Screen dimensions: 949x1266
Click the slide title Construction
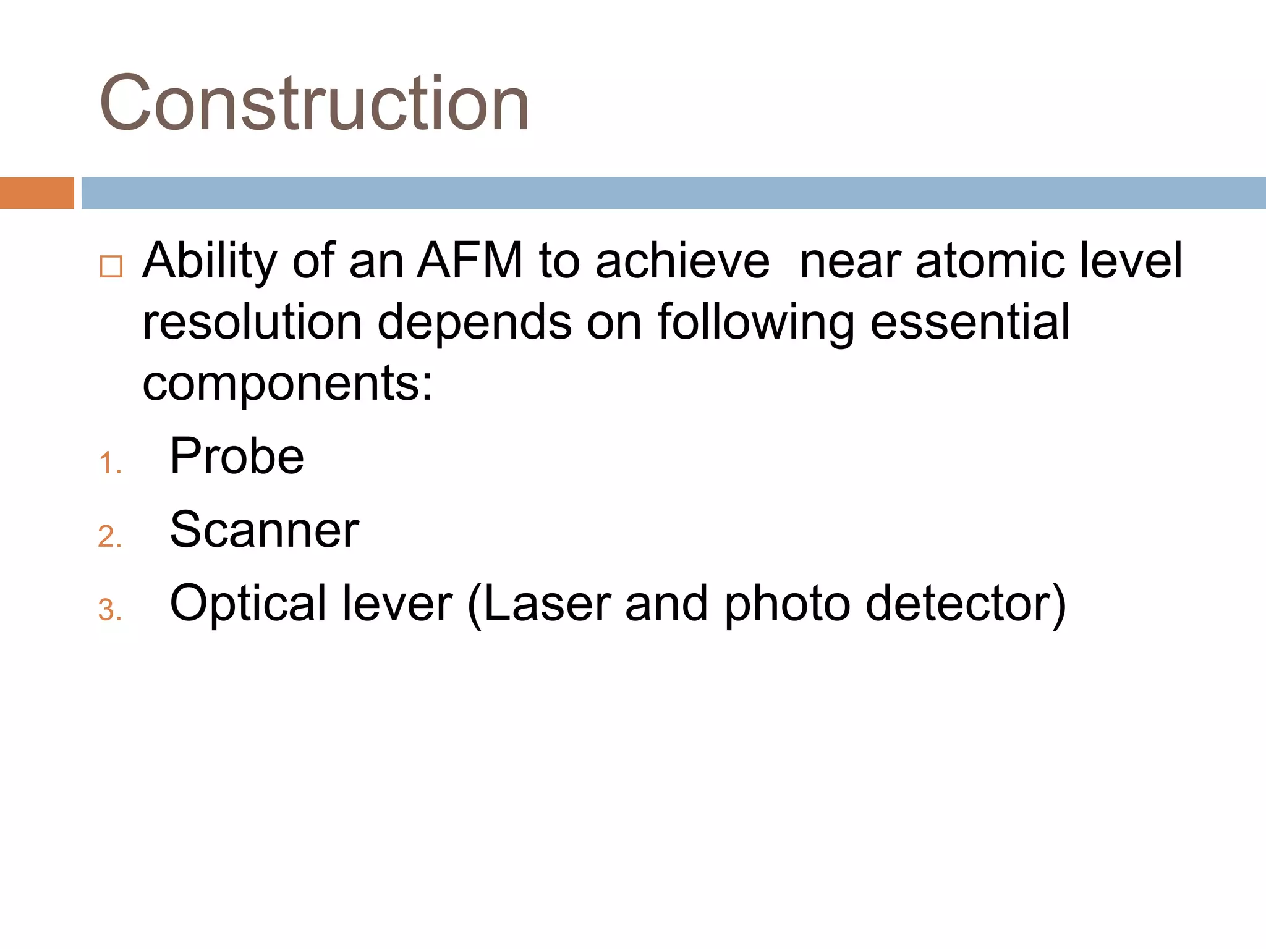click(x=314, y=103)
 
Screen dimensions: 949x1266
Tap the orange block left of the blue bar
click(x=36, y=193)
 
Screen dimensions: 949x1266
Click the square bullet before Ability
click(x=111, y=266)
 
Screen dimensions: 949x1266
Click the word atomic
click(x=990, y=261)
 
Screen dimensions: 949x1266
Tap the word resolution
click(x=252, y=322)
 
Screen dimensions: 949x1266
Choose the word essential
click(x=969, y=322)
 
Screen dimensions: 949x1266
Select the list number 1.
click(x=109, y=463)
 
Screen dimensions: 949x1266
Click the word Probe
click(x=237, y=456)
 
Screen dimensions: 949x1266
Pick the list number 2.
click(x=109, y=537)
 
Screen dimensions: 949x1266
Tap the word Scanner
click(x=264, y=529)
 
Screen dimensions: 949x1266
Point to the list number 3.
click(x=109, y=610)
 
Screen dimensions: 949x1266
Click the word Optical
click(x=249, y=604)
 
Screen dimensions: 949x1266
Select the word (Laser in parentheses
click(x=538, y=604)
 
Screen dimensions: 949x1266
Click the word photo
click(x=787, y=604)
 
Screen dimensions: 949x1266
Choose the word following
click(x=755, y=323)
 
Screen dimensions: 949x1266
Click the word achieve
click(x=682, y=261)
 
